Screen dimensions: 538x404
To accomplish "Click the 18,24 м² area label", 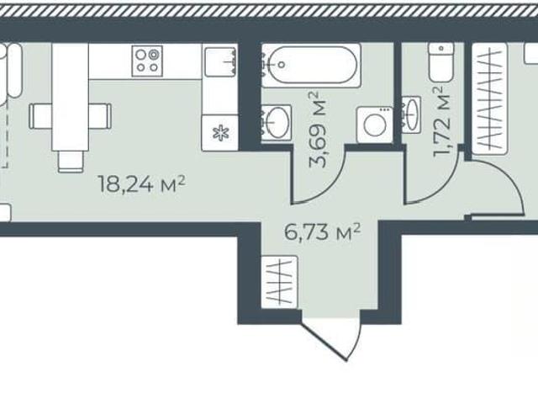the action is coord(142,185).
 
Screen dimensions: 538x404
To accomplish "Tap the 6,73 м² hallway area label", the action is coord(323,232).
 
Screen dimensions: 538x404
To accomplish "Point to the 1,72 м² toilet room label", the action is coord(442,121).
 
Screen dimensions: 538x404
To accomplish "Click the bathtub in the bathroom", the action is coord(311,66).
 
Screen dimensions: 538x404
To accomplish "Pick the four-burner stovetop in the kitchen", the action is coord(147,61).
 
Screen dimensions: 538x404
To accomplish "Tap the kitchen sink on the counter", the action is coord(220,61).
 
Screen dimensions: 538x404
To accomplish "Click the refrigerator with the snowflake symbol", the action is coord(220,133).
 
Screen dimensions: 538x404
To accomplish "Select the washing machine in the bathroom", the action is coord(375,125).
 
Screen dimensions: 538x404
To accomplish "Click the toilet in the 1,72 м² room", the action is coord(440,62).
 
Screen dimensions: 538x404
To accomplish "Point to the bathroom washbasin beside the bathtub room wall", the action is coord(276,122).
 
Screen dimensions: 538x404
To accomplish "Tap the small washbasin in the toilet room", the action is coord(411,114).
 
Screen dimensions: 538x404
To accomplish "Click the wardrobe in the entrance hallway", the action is coord(279,282).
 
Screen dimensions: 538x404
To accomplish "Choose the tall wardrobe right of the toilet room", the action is coord(489,99).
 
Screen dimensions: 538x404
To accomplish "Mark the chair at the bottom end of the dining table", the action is coord(71,162).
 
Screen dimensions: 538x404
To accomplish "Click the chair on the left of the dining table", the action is coord(41,116).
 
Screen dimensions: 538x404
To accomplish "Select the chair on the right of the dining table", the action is coord(100,116).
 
